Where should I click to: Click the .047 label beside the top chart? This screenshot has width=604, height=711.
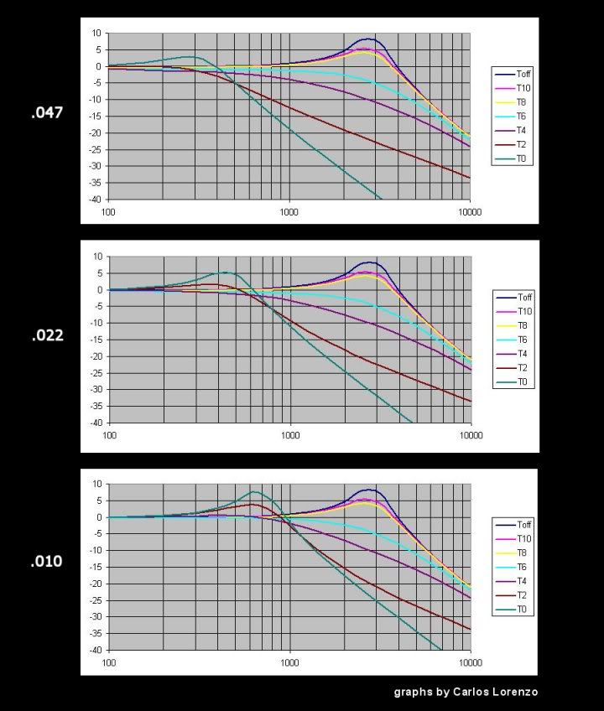(x=47, y=112)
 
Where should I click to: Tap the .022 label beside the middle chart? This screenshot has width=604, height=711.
(x=47, y=335)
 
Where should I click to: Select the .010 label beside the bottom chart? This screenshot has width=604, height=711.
(x=47, y=562)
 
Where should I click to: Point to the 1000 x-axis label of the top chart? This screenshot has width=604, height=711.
(x=289, y=211)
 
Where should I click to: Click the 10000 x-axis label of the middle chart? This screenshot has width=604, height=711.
(x=471, y=436)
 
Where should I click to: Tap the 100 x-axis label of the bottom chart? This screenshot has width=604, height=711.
(x=109, y=662)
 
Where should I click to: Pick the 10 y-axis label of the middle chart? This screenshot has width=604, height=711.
(x=97, y=257)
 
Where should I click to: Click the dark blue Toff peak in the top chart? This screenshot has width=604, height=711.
(x=367, y=39)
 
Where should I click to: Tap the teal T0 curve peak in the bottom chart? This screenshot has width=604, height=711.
(x=254, y=492)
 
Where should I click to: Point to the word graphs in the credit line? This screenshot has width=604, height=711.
(x=414, y=693)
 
